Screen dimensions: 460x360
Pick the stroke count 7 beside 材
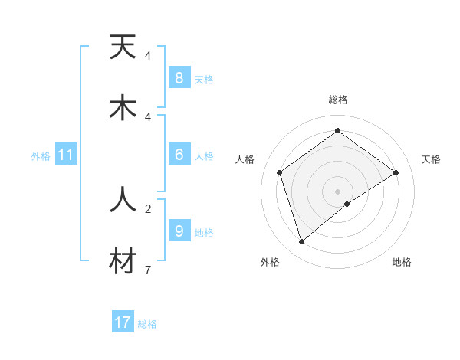coord(148,270)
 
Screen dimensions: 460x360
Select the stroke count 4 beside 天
coord(148,56)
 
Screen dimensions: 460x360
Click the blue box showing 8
coord(179,78)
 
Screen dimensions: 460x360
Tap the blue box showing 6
coord(179,155)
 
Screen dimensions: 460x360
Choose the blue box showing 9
coord(179,231)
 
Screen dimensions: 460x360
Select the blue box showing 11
coord(66,155)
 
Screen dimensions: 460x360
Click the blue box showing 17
coord(123,322)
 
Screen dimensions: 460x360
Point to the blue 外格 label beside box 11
coord(41,156)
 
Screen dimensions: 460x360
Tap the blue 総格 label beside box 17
coord(147,324)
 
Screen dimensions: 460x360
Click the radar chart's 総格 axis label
coord(337,100)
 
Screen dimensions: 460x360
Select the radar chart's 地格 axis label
coord(402,262)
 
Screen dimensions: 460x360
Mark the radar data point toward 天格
coord(396,172)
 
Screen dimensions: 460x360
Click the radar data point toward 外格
coord(302,242)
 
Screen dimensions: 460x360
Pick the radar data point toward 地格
coord(347,204)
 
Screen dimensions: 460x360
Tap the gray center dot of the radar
coord(337,190)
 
